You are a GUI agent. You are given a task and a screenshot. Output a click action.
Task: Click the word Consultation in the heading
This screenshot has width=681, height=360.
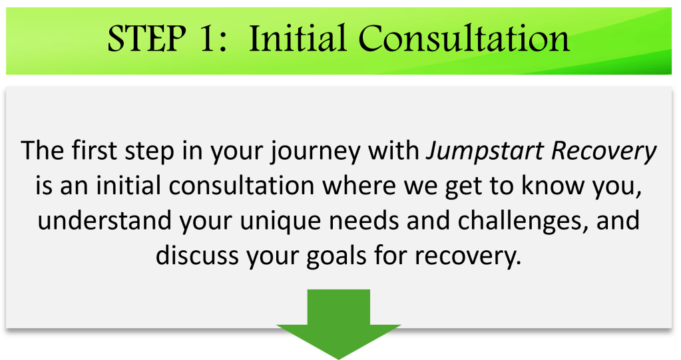click(464, 38)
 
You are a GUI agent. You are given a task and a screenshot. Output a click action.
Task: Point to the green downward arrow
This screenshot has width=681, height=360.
click(339, 324)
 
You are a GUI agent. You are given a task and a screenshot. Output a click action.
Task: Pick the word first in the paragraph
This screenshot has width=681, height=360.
click(95, 150)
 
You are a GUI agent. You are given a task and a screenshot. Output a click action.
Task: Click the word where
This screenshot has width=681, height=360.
click(359, 186)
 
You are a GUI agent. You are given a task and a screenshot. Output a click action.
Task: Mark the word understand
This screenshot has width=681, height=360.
click(105, 220)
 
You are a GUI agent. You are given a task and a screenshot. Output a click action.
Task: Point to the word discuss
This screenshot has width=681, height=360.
click(197, 255)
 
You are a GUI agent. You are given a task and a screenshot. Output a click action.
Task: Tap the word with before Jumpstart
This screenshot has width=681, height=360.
click(393, 150)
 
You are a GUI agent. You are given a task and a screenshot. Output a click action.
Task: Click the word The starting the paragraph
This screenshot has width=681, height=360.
click(42, 150)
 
